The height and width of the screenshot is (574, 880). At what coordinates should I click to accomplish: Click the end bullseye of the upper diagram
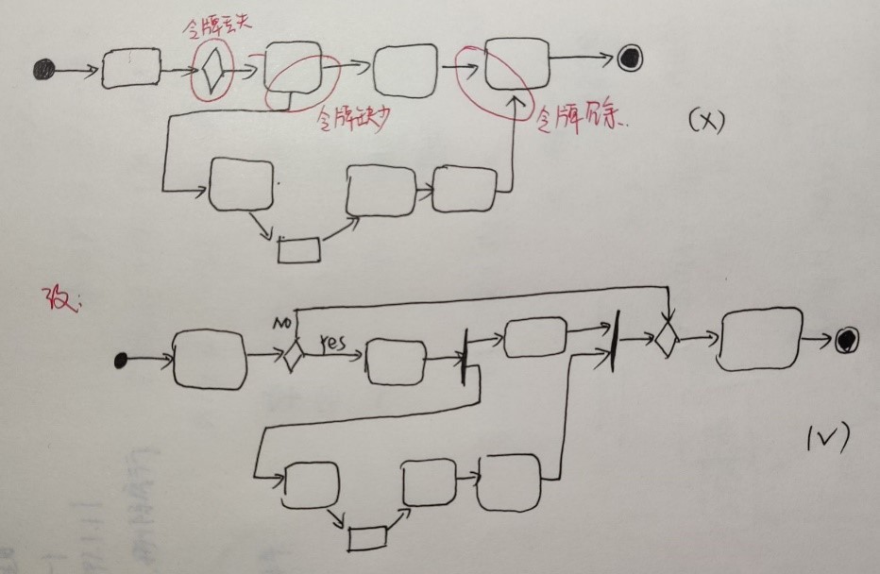(630, 58)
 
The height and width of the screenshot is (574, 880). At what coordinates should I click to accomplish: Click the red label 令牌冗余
(584, 120)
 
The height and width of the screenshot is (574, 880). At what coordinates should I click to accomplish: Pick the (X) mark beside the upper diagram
(704, 122)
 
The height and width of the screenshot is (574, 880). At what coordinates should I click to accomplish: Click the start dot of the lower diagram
(121, 359)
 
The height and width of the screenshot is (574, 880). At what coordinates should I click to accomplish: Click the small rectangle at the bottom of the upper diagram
(298, 249)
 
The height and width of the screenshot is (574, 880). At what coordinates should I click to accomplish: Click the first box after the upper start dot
(131, 69)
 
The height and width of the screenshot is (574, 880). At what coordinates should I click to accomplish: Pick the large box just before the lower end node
(758, 338)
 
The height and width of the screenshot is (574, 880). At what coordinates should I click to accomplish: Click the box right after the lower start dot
(210, 359)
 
